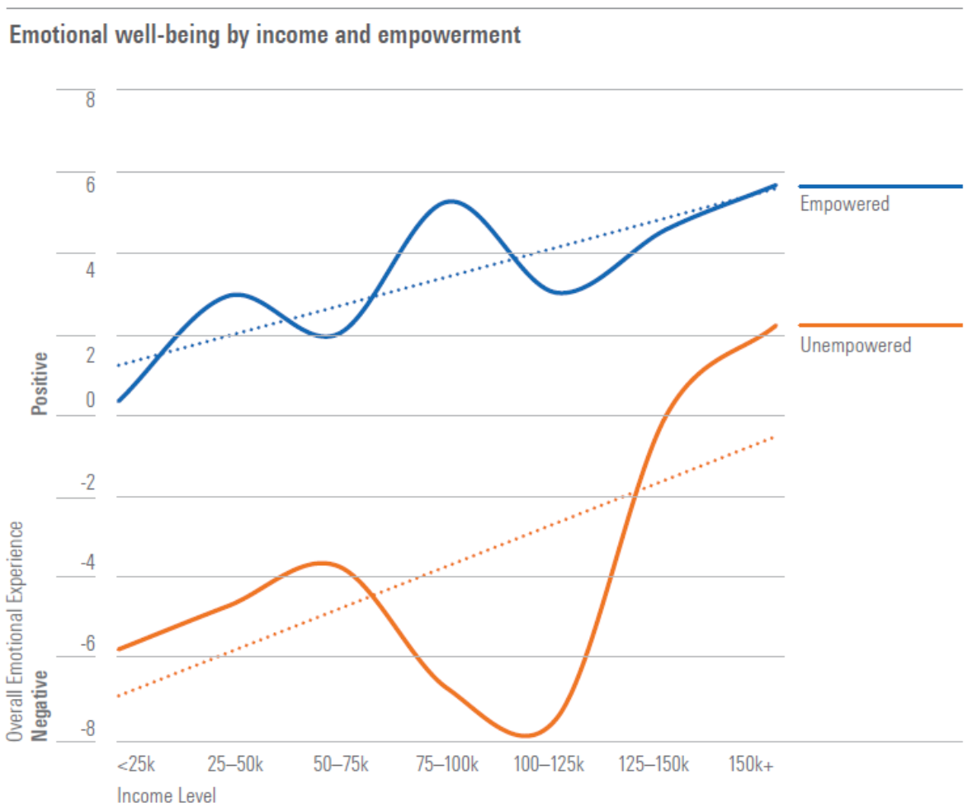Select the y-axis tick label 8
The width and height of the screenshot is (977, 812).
pyautogui.click(x=89, y=101)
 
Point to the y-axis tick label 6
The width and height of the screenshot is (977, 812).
pyautogui.click(x=89, y=185)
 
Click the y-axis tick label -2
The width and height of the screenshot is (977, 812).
pyautogui.click(x=86, y=484)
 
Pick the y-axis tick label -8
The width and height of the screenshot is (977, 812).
pyautogui.click(x=86, y=729)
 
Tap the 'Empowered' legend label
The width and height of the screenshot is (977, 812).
pyautogui.click(x=845, y=203)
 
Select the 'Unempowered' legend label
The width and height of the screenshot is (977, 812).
pyautogui.click(x=856, y=345)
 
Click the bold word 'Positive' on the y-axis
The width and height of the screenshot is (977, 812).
pyautogui.click(x=40, y=383)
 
